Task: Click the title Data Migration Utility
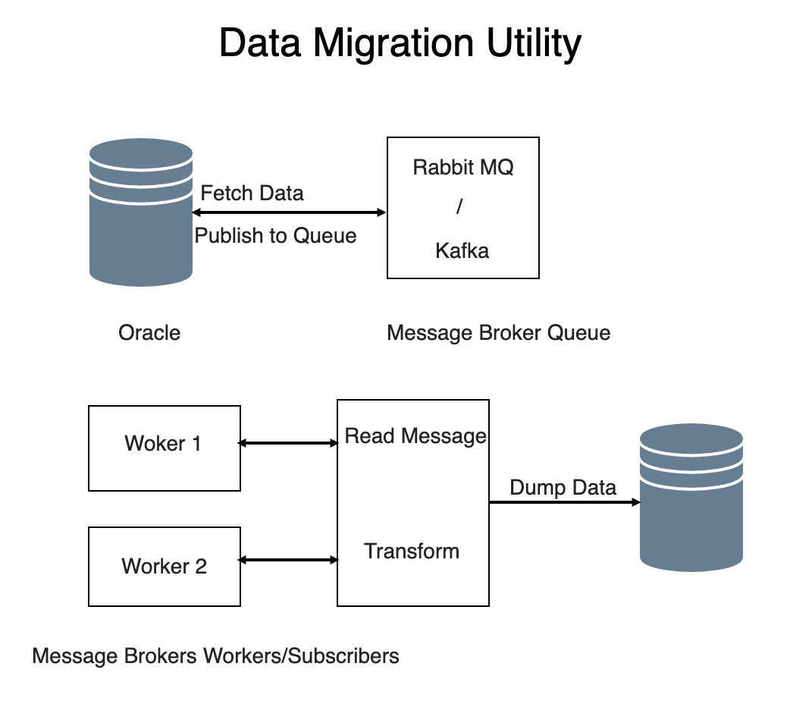pos(400,44)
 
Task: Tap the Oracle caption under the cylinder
pos(149,332)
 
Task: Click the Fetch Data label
pos(252,193)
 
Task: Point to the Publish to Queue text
pos(275,236)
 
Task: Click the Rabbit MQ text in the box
pos(462,167)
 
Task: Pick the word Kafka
pos(462,250)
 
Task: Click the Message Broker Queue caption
pos(498,332)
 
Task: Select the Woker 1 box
pos(164,448)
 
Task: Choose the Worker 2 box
pos(164,566)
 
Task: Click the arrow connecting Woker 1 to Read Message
pos(288,443)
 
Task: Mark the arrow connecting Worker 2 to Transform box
pos(288,560)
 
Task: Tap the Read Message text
pos(415,435)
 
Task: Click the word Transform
pos(412,551)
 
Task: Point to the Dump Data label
pos(563,487)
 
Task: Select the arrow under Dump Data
pos(563,502)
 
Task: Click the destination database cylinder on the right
pos(691,497)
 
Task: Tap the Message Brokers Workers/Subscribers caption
pos(215,655)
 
